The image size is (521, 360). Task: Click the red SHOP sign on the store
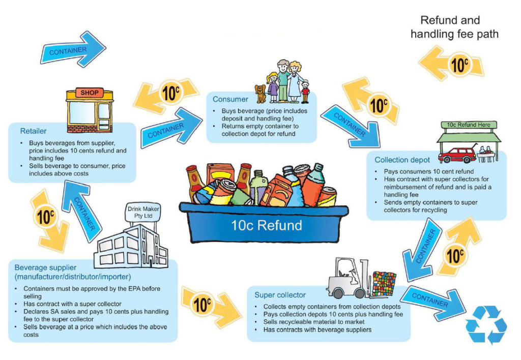(89, 93)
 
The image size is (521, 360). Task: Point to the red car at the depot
(456, 153)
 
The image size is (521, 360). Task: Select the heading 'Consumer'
(230, 99)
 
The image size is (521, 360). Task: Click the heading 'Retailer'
(33, 131)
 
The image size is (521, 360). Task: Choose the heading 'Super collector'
(280, 295)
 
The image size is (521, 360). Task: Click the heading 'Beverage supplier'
(45, 267)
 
